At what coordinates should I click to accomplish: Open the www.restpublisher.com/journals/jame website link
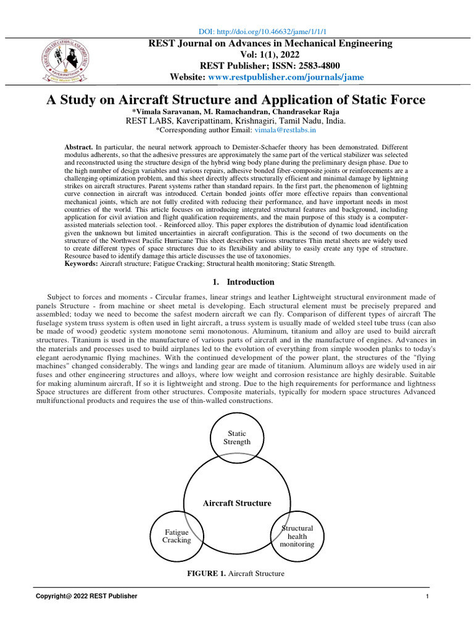pyautogui.click(x=286, y=77)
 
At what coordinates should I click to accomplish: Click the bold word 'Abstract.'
pyautogui.click(x=79, y=147)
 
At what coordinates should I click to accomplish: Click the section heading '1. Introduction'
pyautogui.click(x=243, y=282)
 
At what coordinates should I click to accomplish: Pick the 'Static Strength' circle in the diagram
pyautogui.click(x=237, y=438)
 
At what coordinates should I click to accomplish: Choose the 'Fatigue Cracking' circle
pyautogui.click(x=177, y=536)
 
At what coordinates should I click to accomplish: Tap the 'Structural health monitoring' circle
pyautogui.click(x=297, y=536)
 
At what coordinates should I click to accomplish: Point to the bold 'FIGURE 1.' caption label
pyautogui.click(x=207, y=574)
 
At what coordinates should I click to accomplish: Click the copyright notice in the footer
pyautogui.click(x=86, y=596)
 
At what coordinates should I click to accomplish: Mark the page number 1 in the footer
pyautogui.click(x=427, y=596)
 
